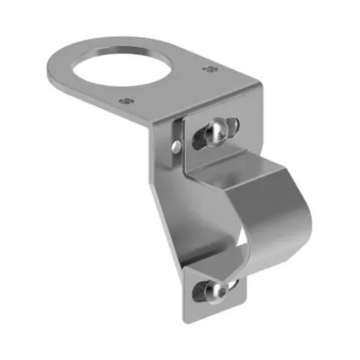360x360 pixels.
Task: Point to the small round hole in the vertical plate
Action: (174, 146)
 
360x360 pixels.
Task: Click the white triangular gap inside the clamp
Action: (244, 244)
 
